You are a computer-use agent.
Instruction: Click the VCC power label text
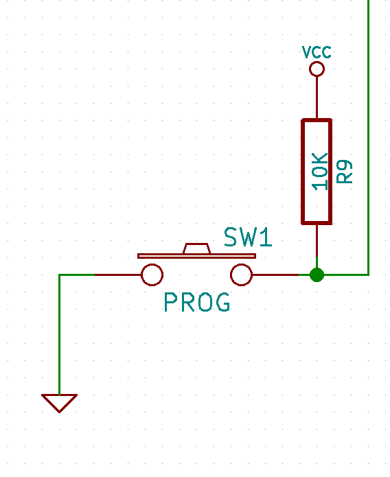click(317, 52)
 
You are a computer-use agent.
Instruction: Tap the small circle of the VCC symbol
click(317, 69)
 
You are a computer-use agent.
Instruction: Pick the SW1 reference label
click(248, 237)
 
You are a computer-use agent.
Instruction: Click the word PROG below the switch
click(196, 302)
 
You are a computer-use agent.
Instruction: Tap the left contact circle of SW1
click(152, 275)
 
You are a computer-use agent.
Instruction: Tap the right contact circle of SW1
click(241, 275)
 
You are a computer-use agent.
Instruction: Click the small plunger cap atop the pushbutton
click(196, 248)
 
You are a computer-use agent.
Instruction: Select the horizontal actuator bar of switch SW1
click(196, 256)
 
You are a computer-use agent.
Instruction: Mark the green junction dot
click(317, 275)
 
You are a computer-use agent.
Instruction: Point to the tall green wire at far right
click(369, 137)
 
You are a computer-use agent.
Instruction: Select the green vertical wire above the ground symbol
click(60, 336)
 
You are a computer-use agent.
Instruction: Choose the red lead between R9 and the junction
click(317, 244)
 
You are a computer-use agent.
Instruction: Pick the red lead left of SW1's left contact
click(117, 275)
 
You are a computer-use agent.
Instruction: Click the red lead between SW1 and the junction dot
click(278, 275)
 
